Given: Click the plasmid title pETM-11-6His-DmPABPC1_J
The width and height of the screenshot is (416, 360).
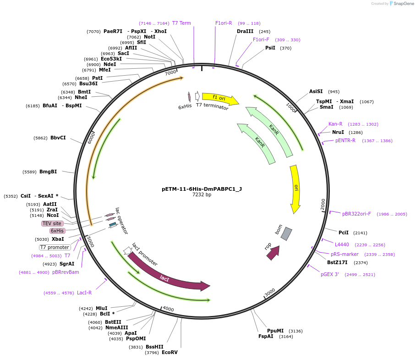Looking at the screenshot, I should pyautogui.click(x=202, y=188).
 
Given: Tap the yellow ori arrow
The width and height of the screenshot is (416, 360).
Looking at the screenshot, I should pyautogui.click(x=296, y=188).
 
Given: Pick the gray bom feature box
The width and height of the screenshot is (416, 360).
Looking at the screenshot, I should pyautogui.click(x=286, y=233).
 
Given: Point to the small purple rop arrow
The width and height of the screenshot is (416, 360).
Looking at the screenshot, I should pyautogui.click(x=273, y=253).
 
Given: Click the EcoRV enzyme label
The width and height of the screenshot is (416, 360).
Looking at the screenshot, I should pyautogui.click(x=170, y=352).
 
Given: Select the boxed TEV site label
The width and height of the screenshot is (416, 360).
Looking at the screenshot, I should pyautogui.click(x=52, y=223).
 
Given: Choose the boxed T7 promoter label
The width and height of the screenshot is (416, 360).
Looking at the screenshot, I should pyautogui.click(x=55, y=247).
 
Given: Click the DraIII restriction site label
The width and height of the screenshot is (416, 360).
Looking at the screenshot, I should pyautogui.click(x=245, y=31).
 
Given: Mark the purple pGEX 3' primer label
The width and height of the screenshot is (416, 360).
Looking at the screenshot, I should pyautogui.click(x=329, y=274).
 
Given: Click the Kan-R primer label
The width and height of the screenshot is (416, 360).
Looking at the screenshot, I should pyautogui.click(x=335, y=124).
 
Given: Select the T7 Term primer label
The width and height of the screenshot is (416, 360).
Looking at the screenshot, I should pyautogui.click(x=181, y=23).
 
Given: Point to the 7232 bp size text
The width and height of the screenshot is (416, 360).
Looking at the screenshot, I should pyautogui.click(x=202, y=194).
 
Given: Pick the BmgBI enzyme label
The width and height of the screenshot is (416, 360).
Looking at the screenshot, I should pyautogui.click(x=48, y=172).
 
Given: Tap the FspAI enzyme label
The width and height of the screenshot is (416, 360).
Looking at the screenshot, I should pyautogui.click(x=266, y=336).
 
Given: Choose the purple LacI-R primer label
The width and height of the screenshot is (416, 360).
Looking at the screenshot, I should pyautogui.click(x=84, y=293).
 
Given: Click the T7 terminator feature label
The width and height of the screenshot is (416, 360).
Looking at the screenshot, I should pyautogui.click(x=212, y=105).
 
